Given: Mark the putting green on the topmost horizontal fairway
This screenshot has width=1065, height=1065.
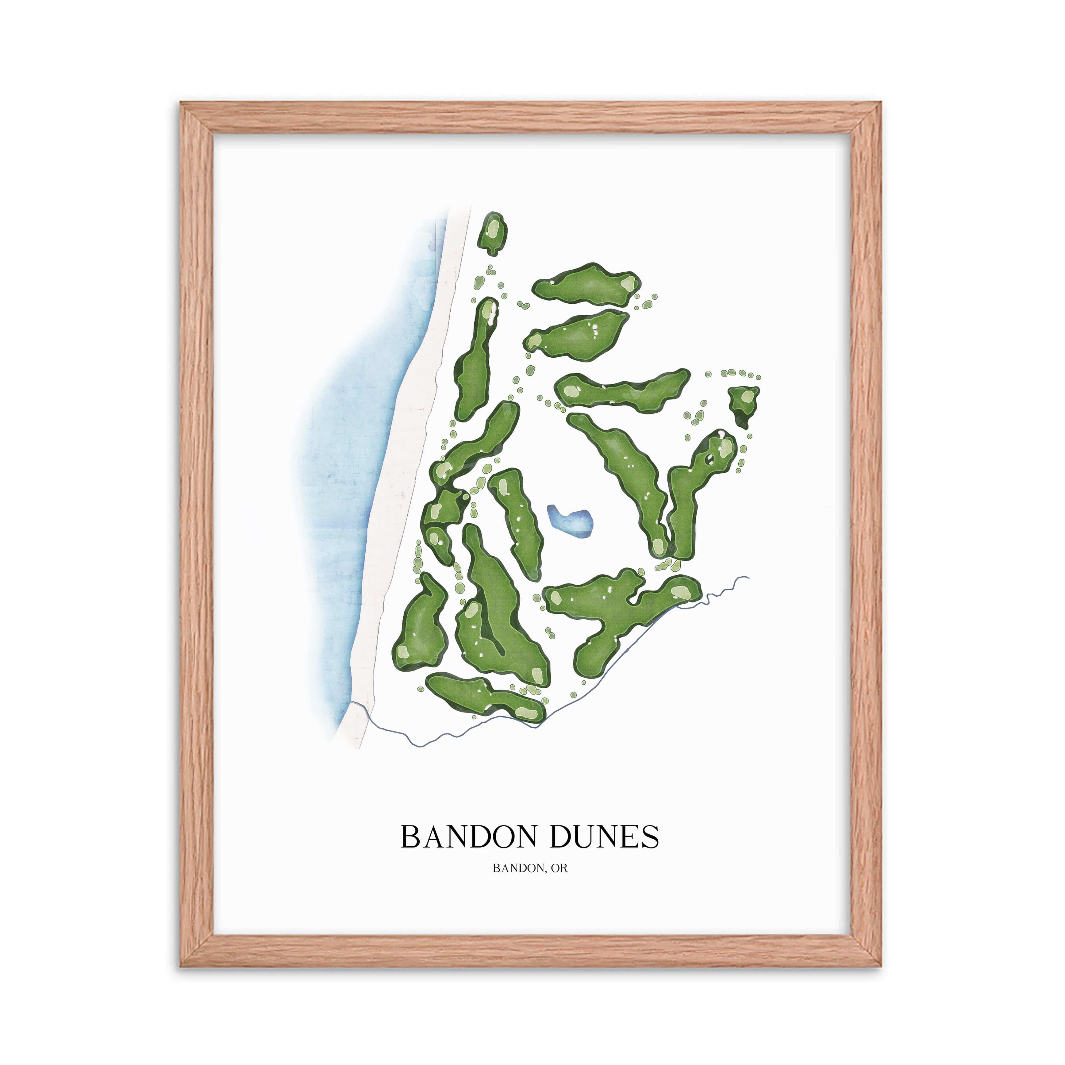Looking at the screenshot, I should coord(627,284).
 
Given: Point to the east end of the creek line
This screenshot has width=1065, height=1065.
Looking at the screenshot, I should coord(748,577).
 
